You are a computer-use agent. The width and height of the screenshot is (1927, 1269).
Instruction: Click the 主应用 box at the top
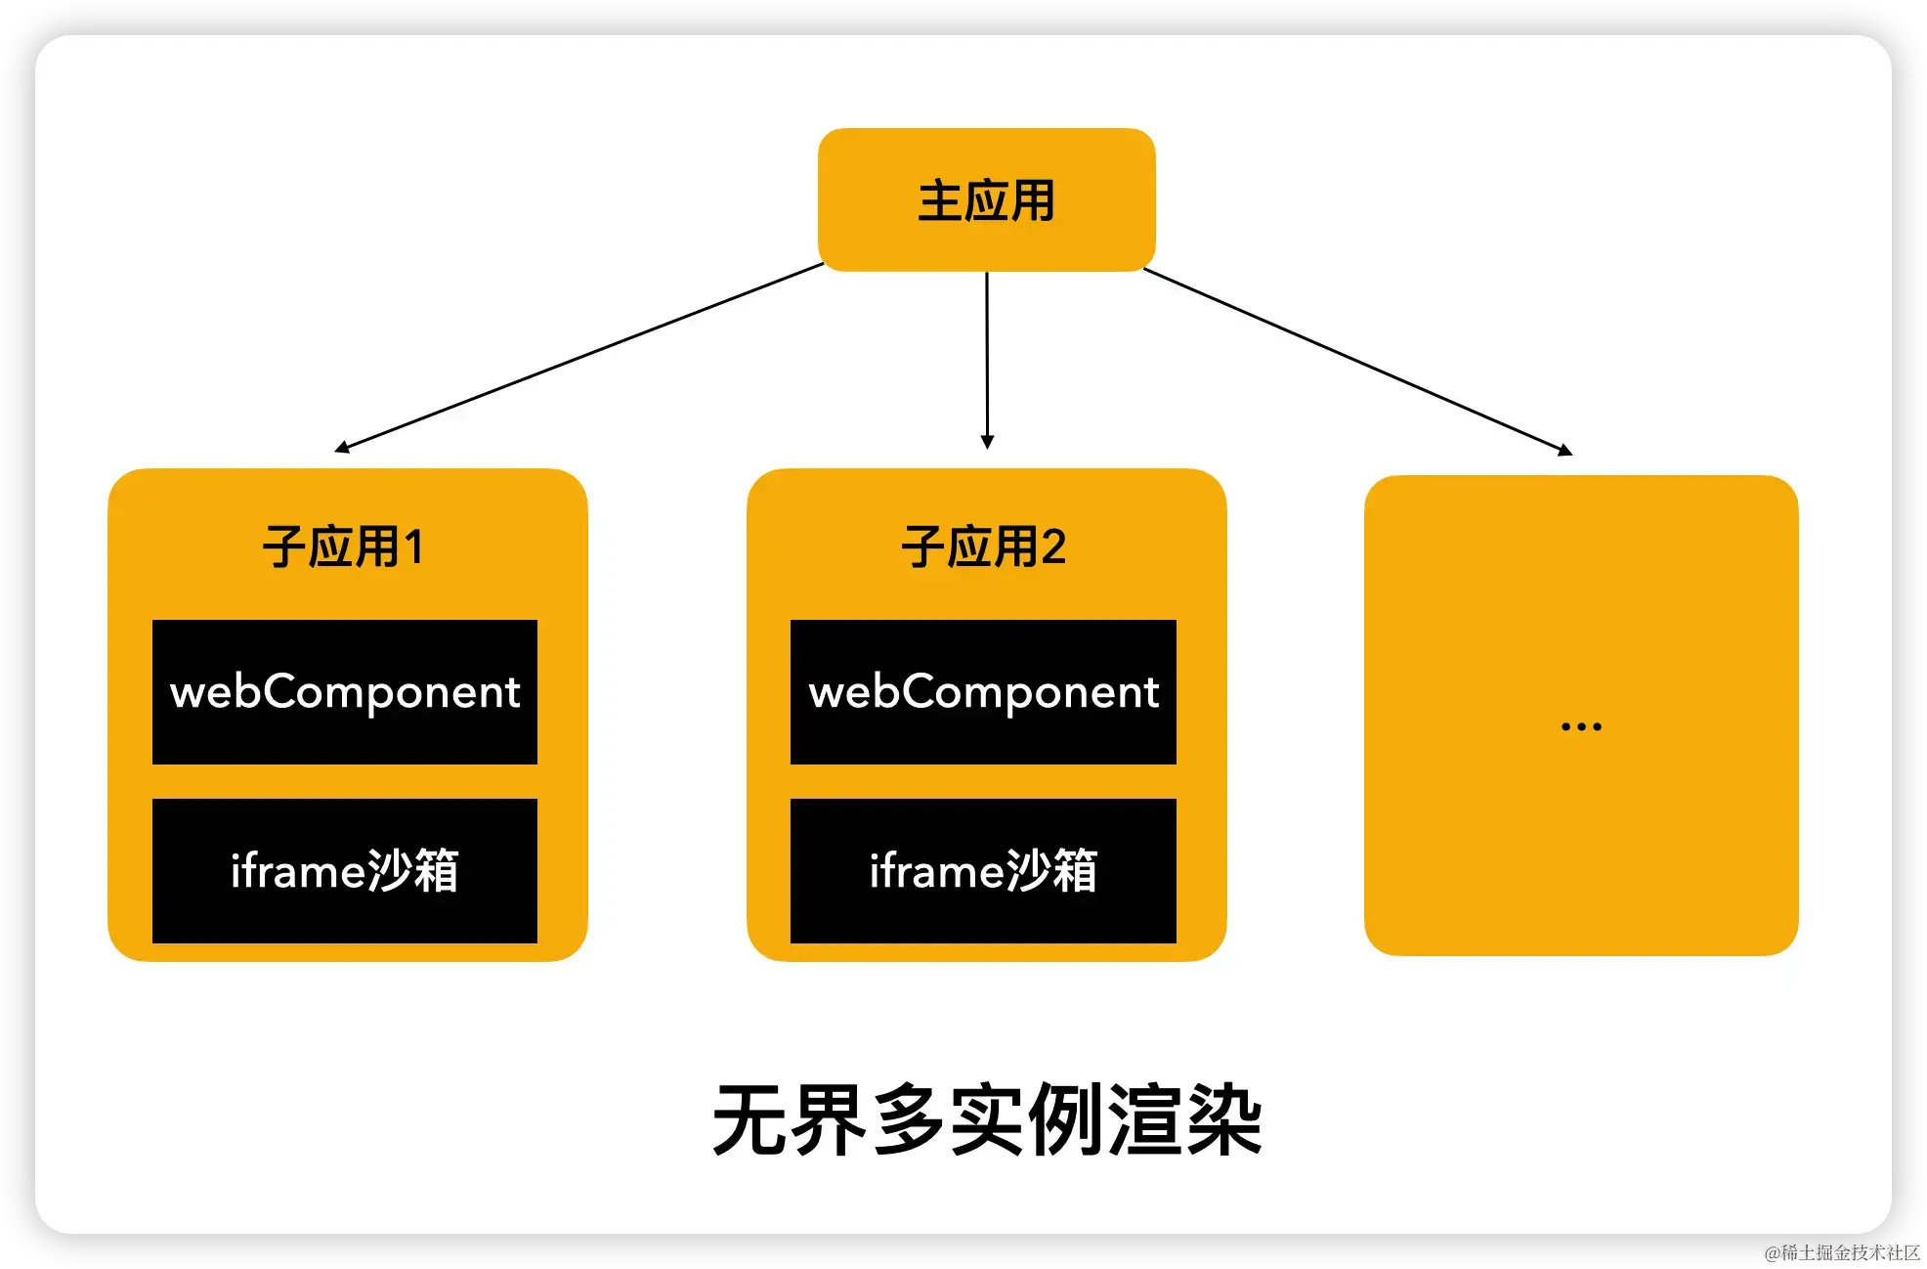tap(986, 199)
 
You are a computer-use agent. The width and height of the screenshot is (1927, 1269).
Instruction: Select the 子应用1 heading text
tap(343, 547)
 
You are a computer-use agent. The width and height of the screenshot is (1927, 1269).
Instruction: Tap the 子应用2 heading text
tap(983, 547)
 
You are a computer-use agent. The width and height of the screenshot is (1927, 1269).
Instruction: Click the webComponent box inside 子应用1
tap(345, 692)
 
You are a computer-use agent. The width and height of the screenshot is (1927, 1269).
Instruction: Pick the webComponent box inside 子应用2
tap(983, 692)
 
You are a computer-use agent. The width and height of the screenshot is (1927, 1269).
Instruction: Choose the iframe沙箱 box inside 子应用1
tap(345, 871)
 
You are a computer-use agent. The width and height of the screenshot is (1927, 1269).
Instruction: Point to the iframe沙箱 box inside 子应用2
tap(983, 871)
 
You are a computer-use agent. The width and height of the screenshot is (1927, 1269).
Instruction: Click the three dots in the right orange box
tap(1581, 726)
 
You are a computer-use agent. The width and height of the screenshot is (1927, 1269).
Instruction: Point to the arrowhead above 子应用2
tap(987, 442)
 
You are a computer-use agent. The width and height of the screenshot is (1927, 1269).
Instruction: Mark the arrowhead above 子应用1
tap(342, 448)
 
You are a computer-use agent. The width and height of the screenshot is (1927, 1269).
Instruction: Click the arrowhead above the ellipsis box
tap(1565, 450)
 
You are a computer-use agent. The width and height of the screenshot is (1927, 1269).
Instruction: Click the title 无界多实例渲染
tap(987, 1120)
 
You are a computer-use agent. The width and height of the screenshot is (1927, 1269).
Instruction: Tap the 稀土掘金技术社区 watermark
tap(1841, 1250)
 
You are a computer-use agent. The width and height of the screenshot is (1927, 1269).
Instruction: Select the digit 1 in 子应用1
tap(413, 547)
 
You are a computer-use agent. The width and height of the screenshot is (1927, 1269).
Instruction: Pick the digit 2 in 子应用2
tap(1053, 547)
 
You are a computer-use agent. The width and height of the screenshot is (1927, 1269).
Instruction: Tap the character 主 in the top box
tap(940, 201)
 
